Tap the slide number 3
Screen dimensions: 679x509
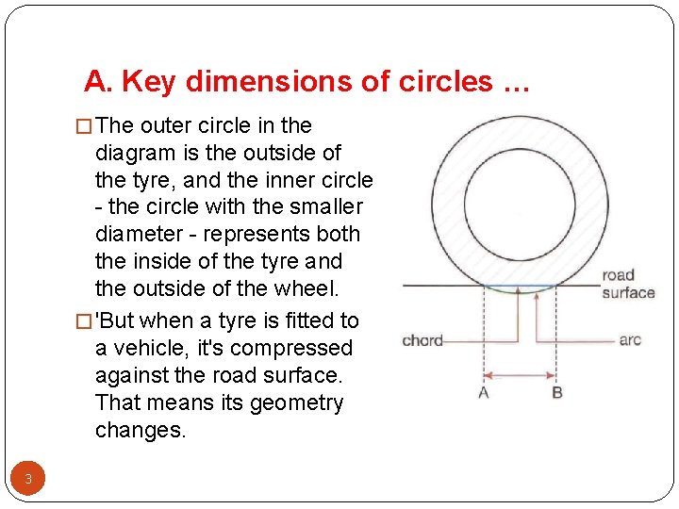click(x=28, y=479)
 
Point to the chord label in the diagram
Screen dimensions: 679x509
click(x=422, y=339)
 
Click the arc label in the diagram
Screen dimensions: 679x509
click(x=630, y=339)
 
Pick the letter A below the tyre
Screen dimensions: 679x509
click(x=484, y=392)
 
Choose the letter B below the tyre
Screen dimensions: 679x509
click(x=556, y=392)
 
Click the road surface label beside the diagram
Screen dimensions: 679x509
click(x=628, y=284)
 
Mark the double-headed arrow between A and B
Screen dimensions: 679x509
click(x=520, y=374)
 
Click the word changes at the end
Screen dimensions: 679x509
click(x=141, y=430)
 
